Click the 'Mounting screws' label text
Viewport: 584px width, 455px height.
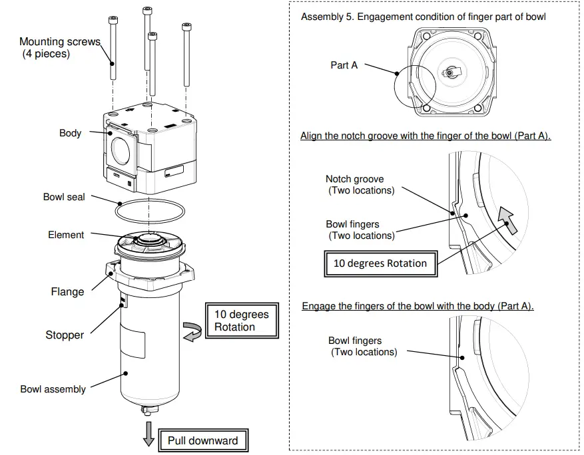pyautogui.click(x=60, y=42)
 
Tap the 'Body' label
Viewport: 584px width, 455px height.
pyautogui.click(x=70, y=133)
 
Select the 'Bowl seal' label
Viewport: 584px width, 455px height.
pyautogui.click(x=64, y=197)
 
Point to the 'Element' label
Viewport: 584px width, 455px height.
pyautogui.click(x=66, y=235)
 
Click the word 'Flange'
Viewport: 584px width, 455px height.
pyautogui.click(x=68, y=291)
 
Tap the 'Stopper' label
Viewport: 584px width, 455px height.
pyautogui.click(x=65, y=335)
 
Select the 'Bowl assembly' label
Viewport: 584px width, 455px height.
pyautogui.click(x=53, y=389)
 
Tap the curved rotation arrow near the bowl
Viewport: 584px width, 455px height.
pyautogui.click(x=193, y=331)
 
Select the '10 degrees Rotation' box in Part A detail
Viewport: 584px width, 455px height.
pyautogui.click(x=380, y=263)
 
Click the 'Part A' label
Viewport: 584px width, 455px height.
pyautogui.click(x=344, y=65)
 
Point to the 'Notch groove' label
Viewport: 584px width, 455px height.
pyautogui.click(x=354, y=179)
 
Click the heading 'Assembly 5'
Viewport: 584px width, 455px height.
pyautogui.click(x=423, y=17)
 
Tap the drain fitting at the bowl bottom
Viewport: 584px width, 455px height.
pyautogui.click(x=148, y=413)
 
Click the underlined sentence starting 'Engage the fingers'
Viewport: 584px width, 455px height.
pyautogui.click(x=418, y=306)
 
